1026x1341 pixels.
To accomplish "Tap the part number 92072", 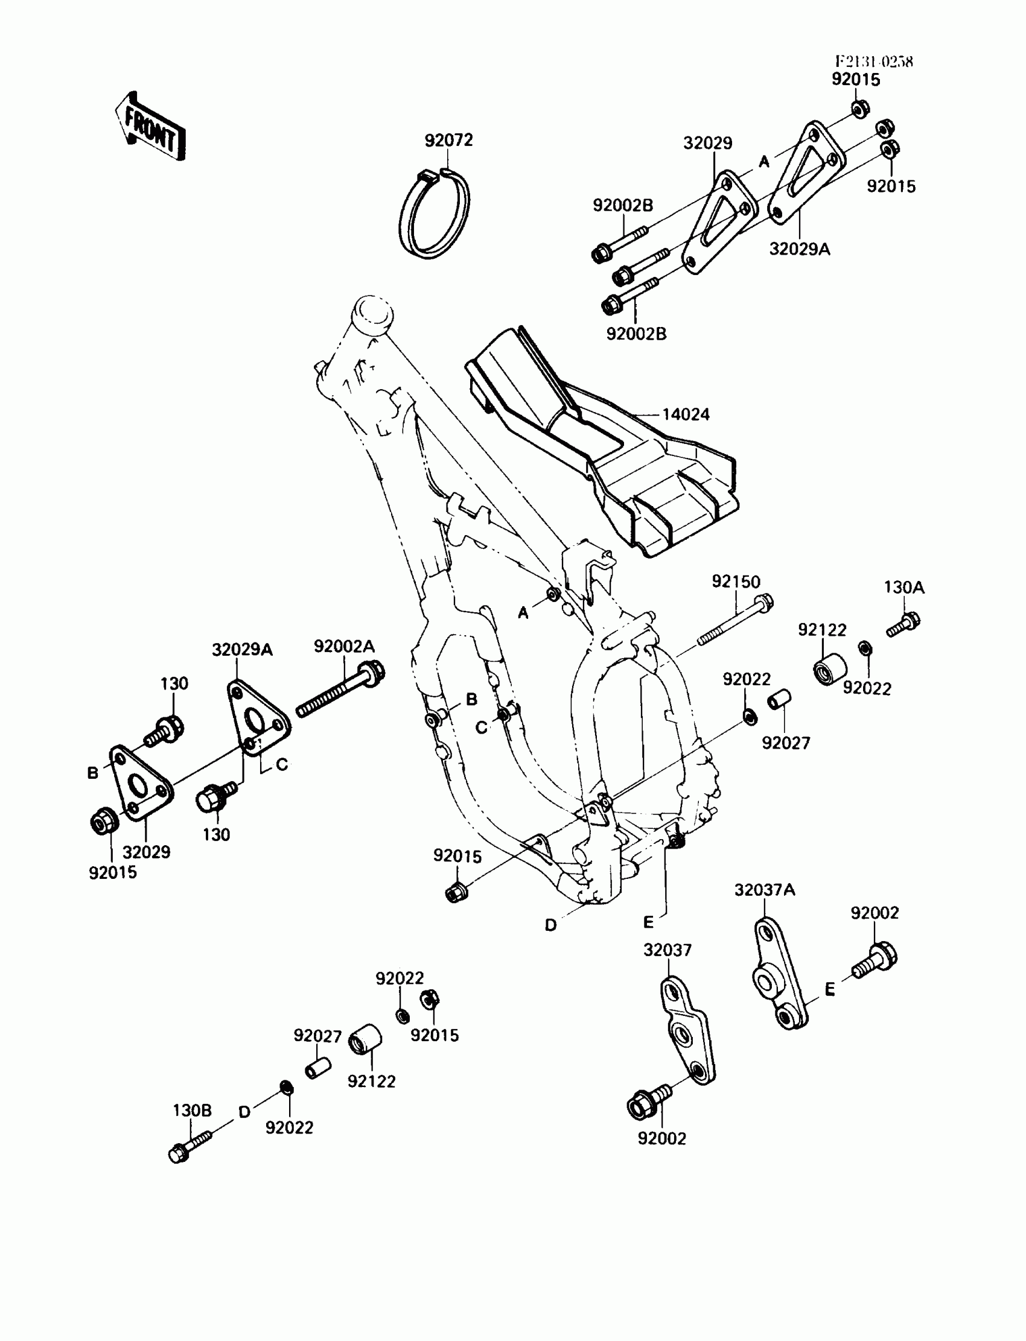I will (449, 141).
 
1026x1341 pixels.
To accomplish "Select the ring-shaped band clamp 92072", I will (434, 212).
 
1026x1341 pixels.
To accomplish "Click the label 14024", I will (686, 414).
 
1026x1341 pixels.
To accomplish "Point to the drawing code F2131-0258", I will (874, 62).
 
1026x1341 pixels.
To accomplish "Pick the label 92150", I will (736, 582).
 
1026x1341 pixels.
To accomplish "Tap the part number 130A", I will (904, 587).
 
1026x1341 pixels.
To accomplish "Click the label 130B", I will (193, 1111).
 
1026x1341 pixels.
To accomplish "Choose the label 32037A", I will (765, 890).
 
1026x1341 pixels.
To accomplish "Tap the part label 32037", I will (668, 949).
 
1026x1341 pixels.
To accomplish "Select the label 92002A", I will (345, 646).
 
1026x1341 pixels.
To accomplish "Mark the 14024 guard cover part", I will (605, 446).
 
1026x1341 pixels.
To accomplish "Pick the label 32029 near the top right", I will (707, 143).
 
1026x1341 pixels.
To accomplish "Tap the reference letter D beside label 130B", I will (244, 1112).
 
